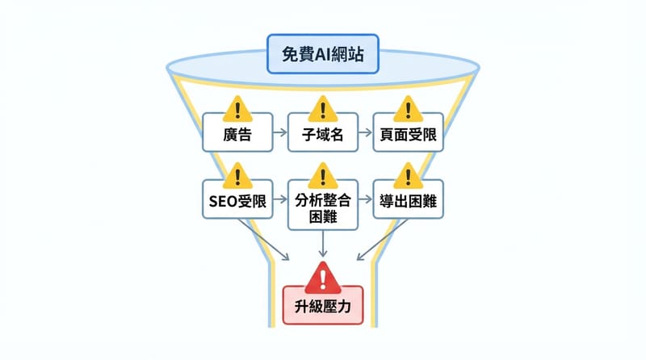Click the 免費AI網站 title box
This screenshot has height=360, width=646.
[x=322, y=58]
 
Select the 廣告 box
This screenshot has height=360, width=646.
[x=237, y=135]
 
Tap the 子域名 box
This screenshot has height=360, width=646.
[x=322, y=135]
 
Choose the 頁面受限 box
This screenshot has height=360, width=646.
[x=408, y=135]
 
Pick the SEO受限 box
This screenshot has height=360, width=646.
[x=237, y=201]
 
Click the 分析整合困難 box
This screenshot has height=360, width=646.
[x=322, y=207]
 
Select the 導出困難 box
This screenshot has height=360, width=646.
[x=408, y=201]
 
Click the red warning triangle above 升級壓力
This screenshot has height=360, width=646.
[x=323, y=277]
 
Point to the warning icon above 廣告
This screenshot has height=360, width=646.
[x=237, y=107]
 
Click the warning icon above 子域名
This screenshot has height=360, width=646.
[x=322, y=107]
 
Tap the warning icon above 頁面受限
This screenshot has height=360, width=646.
[x=408, y=107]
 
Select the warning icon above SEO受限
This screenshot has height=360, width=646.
[x=237, y=174]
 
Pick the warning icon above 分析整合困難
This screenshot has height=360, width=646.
[x=322, y=174]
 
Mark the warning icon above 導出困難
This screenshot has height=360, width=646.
[x=408, y=174]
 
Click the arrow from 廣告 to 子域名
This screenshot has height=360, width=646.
[x=279, y=135]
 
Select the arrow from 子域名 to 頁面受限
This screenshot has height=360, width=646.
[x=365, y=135]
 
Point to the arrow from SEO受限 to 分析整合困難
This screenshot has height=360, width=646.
[x=279, y=201]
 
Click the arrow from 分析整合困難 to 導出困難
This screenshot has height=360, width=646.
[x=365, y=201]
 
